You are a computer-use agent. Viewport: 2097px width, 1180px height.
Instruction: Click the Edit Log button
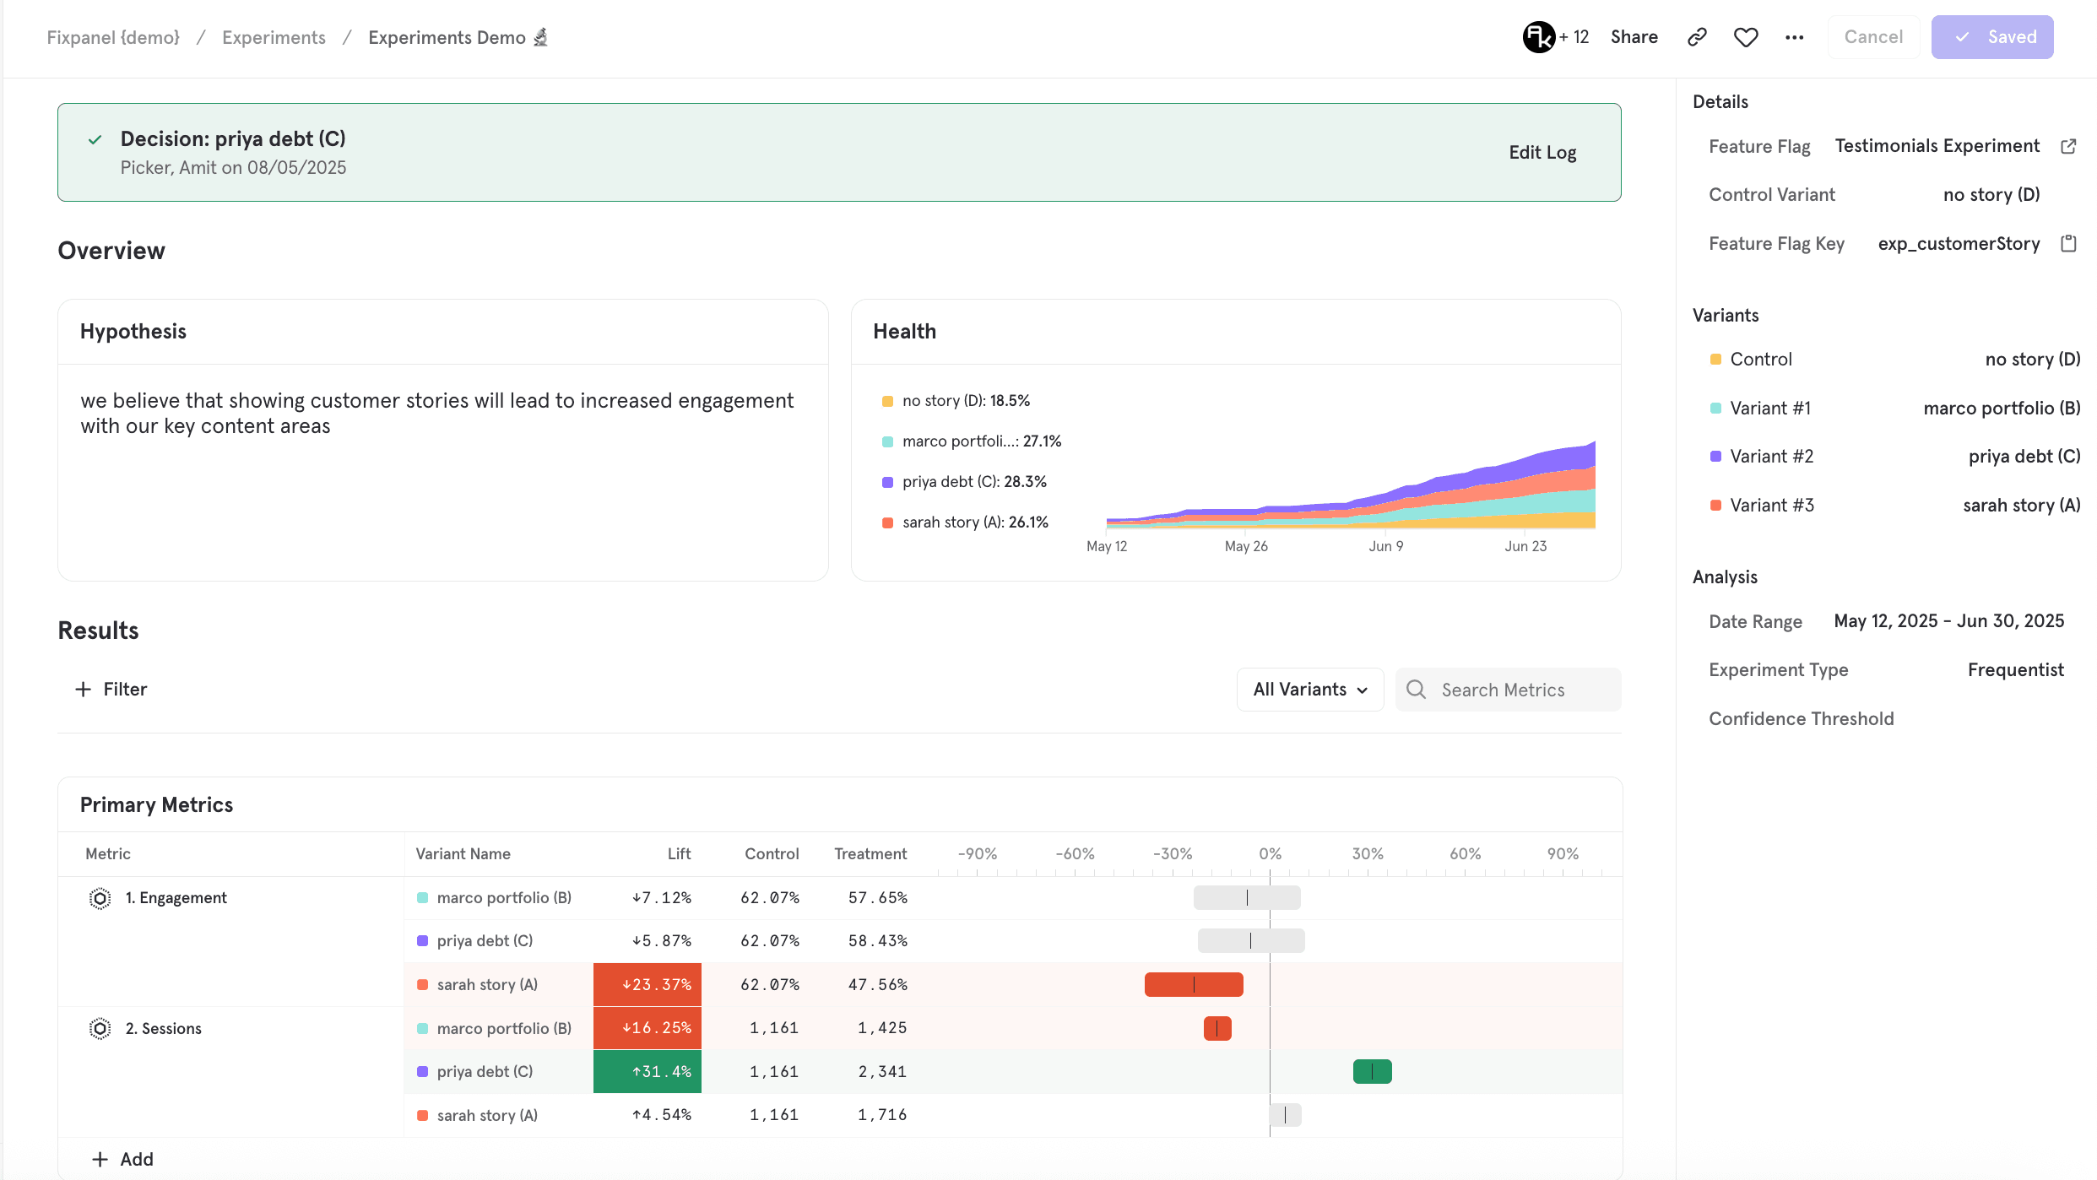(x=1542, y=153)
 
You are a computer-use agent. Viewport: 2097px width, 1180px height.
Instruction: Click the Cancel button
(x=1873, y=37)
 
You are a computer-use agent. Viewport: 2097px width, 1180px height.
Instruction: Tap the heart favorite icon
(x=1746, y=37)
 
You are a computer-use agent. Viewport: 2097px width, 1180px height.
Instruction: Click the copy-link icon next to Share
(x=1697, y=37)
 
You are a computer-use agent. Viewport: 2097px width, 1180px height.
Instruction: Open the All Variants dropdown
(x=1309, y=690)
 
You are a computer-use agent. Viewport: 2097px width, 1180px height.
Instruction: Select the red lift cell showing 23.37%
(x=648, y=984)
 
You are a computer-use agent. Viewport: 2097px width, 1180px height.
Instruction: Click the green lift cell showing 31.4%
(x=648, y=1071)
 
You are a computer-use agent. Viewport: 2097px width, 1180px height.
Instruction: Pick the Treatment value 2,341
(x=882, y=1071)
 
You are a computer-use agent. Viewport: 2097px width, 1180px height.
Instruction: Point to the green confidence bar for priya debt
(x=1372, y=1071)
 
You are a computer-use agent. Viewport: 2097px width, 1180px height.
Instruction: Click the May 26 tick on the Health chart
(x=1246, y=546)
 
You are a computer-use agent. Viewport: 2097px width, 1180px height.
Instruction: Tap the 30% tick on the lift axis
(x=1368, y=854)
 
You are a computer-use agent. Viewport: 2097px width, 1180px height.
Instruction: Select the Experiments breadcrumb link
(x=274, y=37)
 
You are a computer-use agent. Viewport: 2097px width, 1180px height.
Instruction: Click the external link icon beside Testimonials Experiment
(x=2068, y=146)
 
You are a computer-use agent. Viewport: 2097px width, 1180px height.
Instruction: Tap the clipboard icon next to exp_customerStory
(x=2068, y=244)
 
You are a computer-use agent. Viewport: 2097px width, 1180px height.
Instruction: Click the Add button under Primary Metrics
(x=122, y=1159)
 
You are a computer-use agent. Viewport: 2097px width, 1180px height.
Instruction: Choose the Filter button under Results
(x=111, y=690)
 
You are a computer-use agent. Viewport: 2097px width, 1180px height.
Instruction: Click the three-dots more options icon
(x=1795, y=37)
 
